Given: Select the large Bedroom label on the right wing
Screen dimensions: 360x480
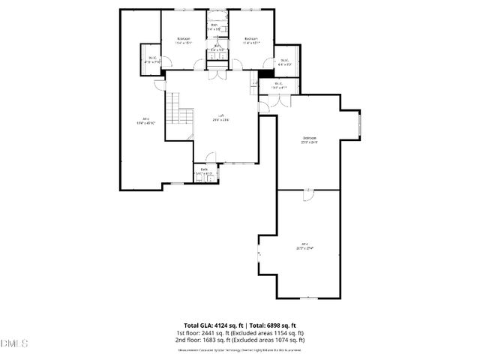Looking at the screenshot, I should [309, 139].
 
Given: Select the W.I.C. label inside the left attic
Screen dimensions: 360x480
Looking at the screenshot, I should [152, 59].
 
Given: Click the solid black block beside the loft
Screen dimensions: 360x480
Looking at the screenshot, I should [265, 75].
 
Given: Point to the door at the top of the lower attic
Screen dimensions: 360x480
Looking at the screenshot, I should [307, 193].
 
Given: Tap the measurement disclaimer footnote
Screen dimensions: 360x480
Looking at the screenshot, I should [239, 349].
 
